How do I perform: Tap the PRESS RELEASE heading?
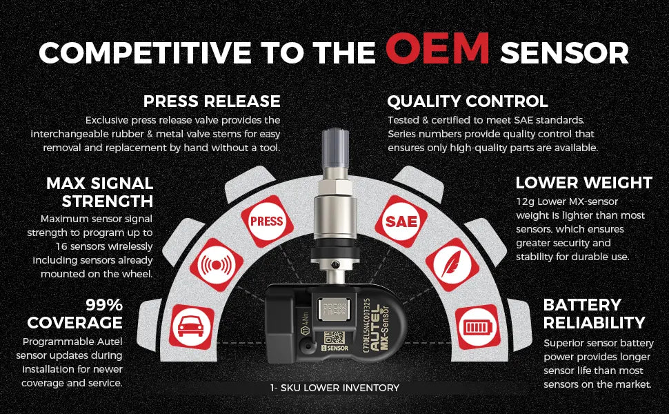pyautogui.click(x=212, y=101)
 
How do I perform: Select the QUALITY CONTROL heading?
pyautogui.click(x=468, y=101)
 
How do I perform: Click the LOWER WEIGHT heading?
pyautogui.click(x=584, y=183)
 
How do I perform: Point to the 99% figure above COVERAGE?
pyautogui.click(x=104, y=305)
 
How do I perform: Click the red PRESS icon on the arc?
pyautogui.click(x=267, y=221)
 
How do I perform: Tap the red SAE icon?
pyautogui.click(x=401, y=221)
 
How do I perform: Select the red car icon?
pyautogui.click(x=191, y=327)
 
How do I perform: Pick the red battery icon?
pyautogui.click(x=478, y=327)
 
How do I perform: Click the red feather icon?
pyautogui.click(x=452, y=265)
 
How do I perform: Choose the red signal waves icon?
pyautogui.click(x=217, y=265)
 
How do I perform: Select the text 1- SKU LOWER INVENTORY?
pyautogui.click(x=334, y=388)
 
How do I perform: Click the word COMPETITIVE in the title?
pyautogui.click(x=145, y=52)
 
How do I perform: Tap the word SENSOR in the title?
pyautogui.click(x=564, y=52)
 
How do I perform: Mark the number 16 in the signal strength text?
pyautogui.click(x=61, y=247)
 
